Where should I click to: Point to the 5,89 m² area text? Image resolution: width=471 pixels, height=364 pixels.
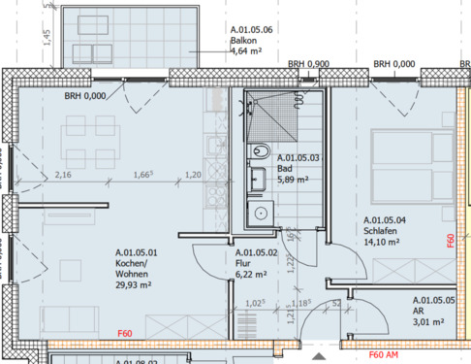[294, 179]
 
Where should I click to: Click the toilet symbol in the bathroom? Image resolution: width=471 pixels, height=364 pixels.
[259, 152]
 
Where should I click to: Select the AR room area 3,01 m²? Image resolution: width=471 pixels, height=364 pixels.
[427, 321]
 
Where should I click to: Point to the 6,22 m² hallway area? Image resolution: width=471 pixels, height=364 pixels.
[250, 275]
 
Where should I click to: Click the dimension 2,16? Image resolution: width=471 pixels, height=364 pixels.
[64, 175]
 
